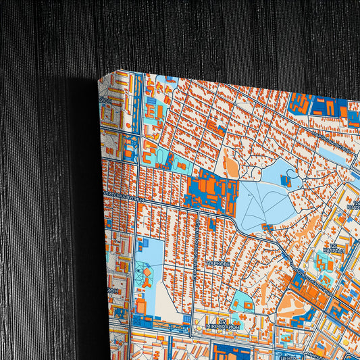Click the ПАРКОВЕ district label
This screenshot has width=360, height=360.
coord(218,263)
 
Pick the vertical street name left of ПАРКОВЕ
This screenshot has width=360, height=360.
coord(194,249)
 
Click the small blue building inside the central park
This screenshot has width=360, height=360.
coord(286,180)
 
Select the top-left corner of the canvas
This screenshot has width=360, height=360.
coord(99,76)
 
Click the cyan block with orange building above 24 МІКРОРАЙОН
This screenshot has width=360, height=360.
coord(241,302)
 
